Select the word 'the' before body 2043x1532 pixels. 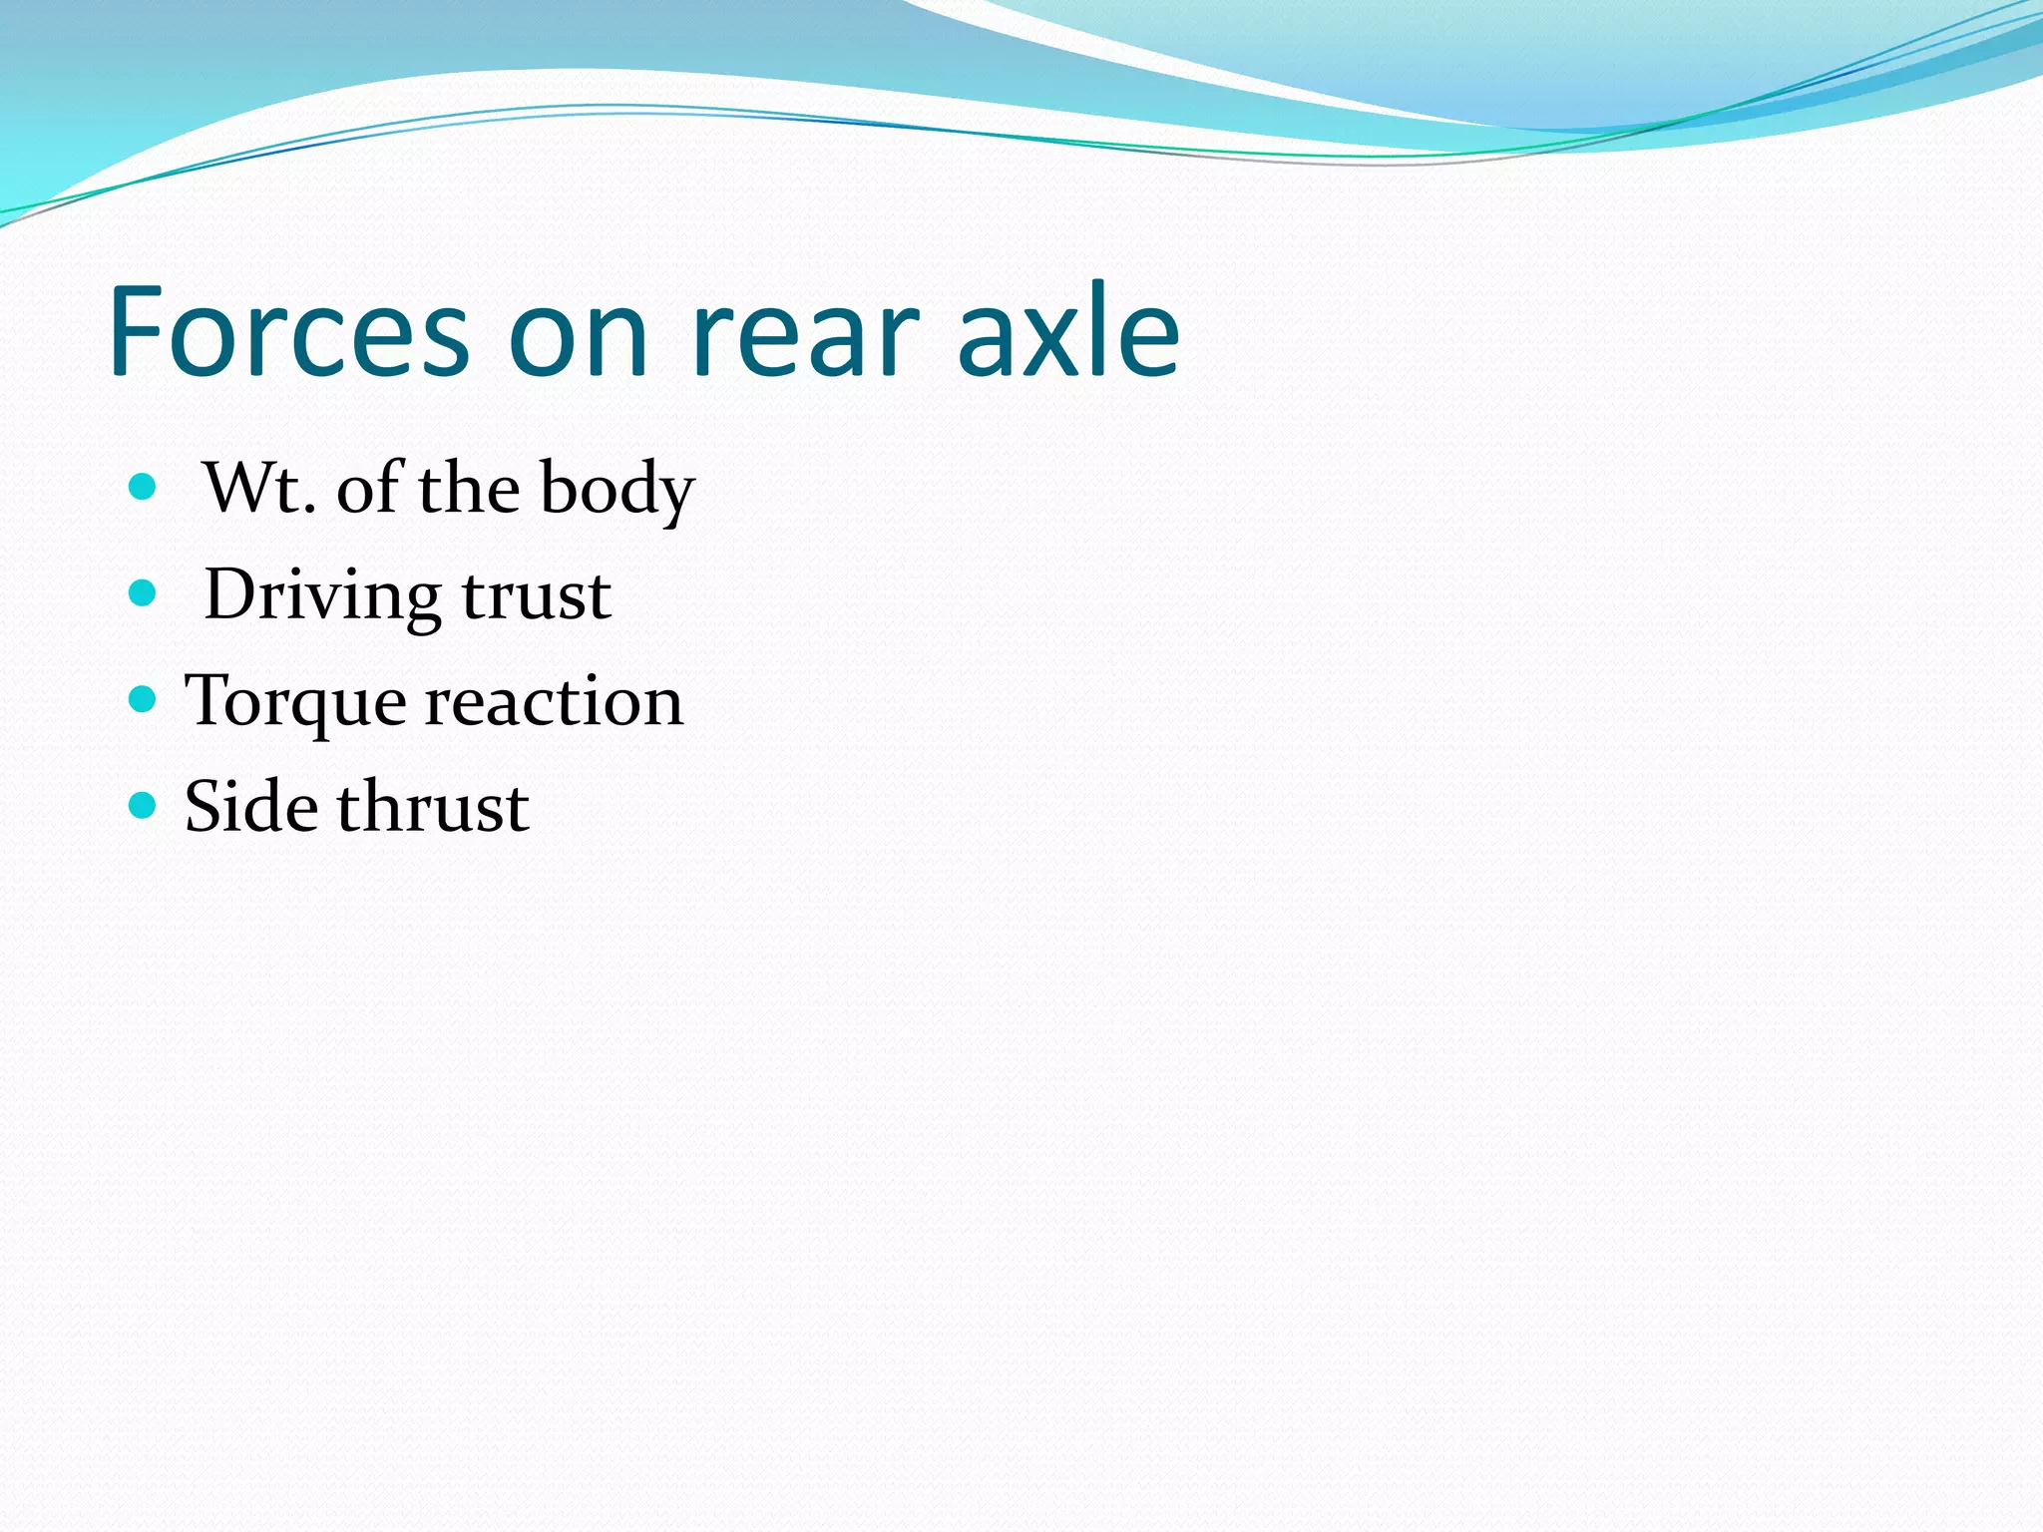click(x=469, y=488)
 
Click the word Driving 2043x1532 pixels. click(x=321, y=596)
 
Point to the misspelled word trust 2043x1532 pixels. click(x=537, y=596)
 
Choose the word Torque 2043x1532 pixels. click(x=295, y=703)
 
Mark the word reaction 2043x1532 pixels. click(x=555, y=701)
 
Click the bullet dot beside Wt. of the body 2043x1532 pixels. click(x=144, y=487)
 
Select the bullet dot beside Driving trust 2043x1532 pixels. click(x=144, y=593)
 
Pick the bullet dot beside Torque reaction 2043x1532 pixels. click(x=144, y=699)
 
